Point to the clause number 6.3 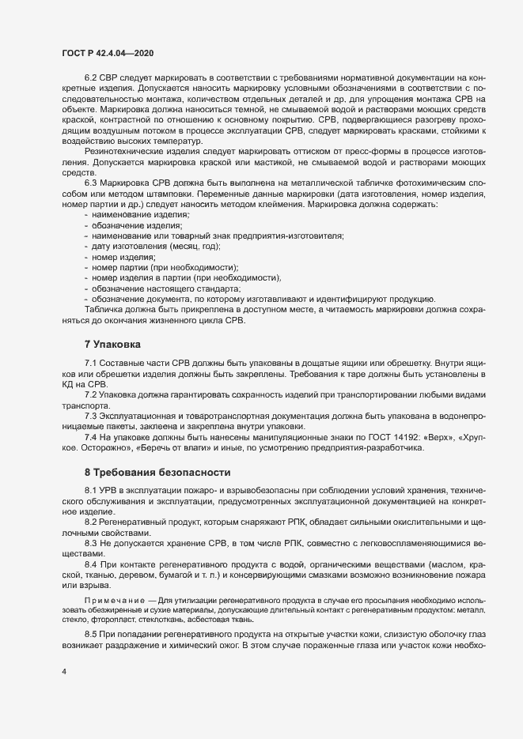[91, 183]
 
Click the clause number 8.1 [91, 489]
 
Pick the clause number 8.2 [91, 523]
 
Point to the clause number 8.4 [91, 567]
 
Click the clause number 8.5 [91, 635]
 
